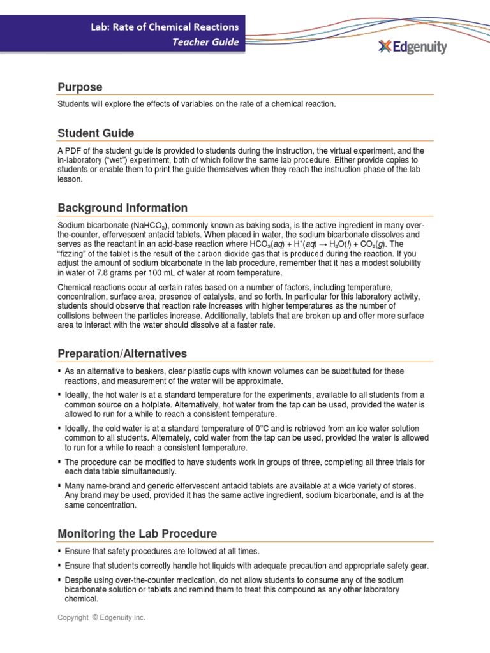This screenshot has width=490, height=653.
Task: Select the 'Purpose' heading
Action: [80, 87]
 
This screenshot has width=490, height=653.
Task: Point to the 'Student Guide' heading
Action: [96, 133]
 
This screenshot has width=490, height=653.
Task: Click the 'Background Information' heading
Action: [122, 208]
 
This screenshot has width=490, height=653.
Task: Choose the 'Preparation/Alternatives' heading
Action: [122, 353]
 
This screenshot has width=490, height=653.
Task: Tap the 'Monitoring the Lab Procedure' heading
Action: [137, 533]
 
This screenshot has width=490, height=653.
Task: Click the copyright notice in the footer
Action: [101, 618]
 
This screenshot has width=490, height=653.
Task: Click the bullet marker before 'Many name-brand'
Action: [59, 486]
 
